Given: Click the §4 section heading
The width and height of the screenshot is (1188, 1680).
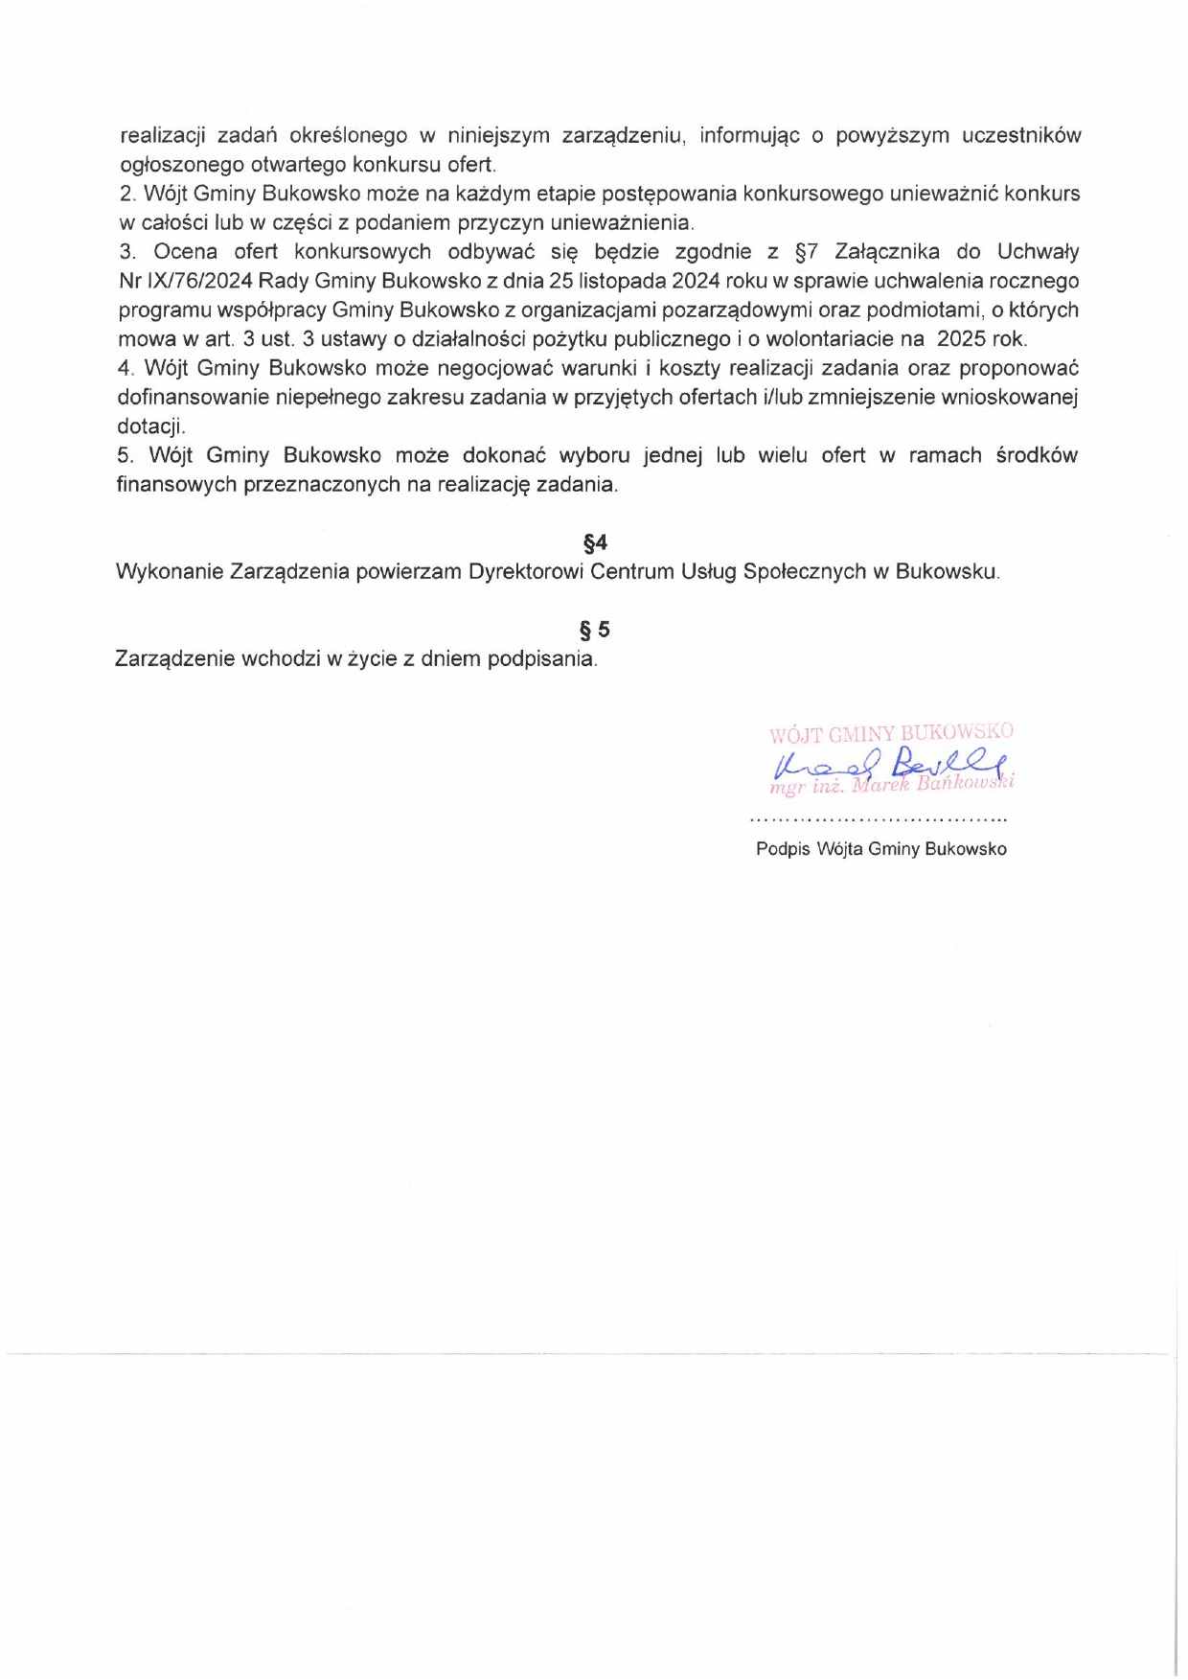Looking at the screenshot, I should point(595,543).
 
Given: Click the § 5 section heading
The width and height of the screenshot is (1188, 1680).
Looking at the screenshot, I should point(595,630).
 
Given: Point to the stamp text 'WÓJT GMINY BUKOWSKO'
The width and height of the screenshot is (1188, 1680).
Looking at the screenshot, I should point(891,734).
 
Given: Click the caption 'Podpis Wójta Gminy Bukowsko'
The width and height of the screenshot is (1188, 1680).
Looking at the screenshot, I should point(881,849).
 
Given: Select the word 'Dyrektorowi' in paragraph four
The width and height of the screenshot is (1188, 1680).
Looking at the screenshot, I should point(526,572).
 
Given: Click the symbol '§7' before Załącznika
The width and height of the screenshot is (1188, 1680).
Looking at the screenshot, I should point(807,252).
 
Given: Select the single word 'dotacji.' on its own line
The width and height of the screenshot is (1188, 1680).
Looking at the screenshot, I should point(151,426).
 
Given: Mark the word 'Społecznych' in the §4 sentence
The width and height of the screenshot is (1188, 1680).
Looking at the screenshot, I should point(804,572).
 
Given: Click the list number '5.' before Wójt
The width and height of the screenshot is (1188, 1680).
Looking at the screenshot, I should point(126,456).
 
